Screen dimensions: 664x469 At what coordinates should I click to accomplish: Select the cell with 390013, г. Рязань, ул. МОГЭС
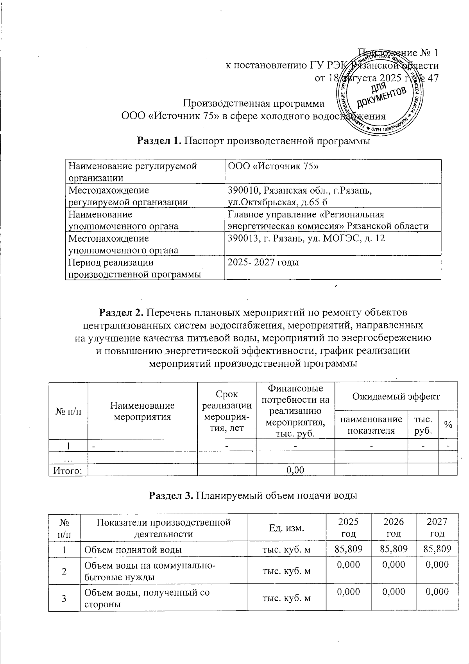tap(306, 238)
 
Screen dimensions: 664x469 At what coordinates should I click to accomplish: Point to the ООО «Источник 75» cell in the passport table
tap(274, 167)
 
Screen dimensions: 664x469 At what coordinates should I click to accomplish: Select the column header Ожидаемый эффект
tap(396, 397)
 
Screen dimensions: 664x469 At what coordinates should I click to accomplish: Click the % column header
tap(448, 425)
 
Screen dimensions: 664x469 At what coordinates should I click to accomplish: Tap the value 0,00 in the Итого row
tap(295, 470)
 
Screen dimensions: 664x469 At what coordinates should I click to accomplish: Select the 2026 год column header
tap(394, 528)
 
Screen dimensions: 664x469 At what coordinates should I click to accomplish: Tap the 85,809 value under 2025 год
tap(348, 549)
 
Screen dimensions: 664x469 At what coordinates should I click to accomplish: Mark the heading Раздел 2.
tap(122, 313)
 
